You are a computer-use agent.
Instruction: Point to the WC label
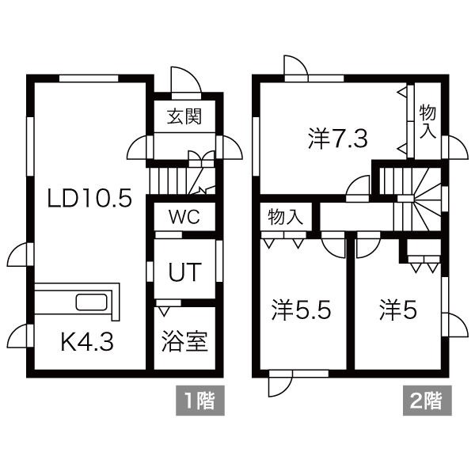coord(183,216)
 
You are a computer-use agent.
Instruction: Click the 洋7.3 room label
coord(337,139)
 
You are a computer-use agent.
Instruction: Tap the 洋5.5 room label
coord(302,309)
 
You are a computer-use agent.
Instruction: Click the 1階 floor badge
coord(199,400)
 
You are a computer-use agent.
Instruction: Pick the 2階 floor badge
coord(427,400)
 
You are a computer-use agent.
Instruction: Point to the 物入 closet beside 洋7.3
coord(427,120)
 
